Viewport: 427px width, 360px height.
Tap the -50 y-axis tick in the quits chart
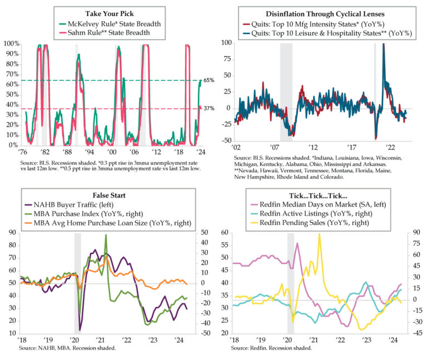click(x=226, y=141)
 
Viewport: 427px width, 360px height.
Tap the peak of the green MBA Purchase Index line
click(x=106, y=236)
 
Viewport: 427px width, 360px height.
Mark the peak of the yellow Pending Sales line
click(x=319, y=234)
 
